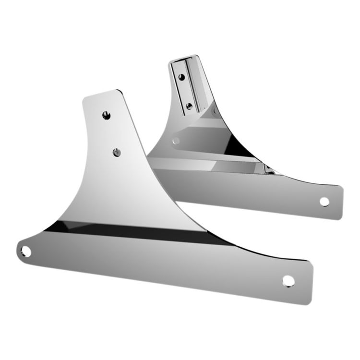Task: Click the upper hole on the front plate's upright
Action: [106, 115]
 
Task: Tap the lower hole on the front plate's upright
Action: [116, 152]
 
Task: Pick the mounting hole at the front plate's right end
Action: [288, 280]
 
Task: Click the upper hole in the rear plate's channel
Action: [181, 76]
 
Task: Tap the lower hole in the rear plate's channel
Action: [189, 106]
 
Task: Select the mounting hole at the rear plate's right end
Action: [324, 202]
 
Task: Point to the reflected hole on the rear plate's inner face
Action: [176, 141]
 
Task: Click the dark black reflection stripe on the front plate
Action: [144, 232]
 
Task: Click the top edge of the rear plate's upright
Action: [182, 58]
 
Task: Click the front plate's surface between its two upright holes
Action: [111, 133]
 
